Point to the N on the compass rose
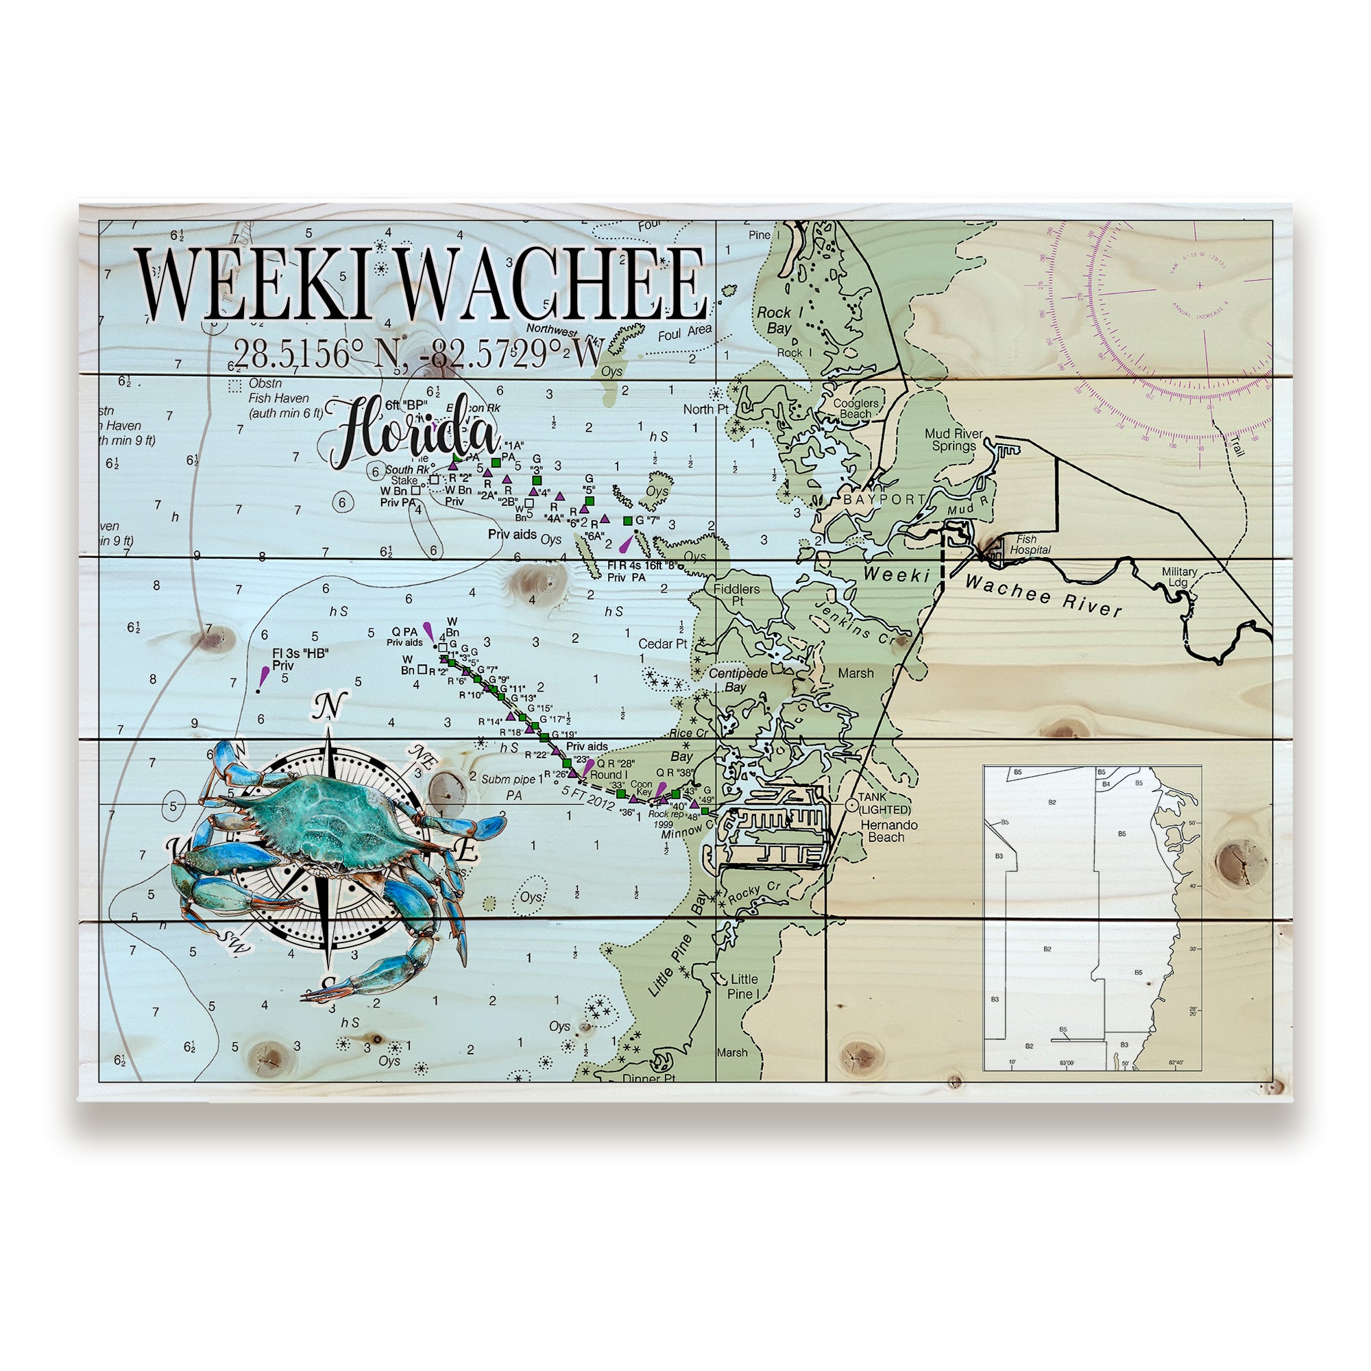click(x=327, y=706)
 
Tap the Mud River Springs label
click(x=954, y=439)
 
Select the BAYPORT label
click(x=884, y=500)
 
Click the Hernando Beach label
click(x=888, y=831)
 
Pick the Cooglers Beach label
click(x=856, y=408)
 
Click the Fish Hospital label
click(x=1030, y=544)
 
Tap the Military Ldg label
click(x=1178, y=577)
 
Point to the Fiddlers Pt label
click(x=737, y=594)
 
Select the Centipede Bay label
click(x=738, y=680)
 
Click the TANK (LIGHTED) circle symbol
click(x=851, y=805)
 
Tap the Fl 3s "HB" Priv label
click(x=300, y=659)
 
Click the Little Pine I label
click(x=744, y=986)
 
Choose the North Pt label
click(x=705, y=409)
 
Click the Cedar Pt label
click(x=662, y=644)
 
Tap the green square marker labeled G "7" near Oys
click(x=627, y=521)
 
